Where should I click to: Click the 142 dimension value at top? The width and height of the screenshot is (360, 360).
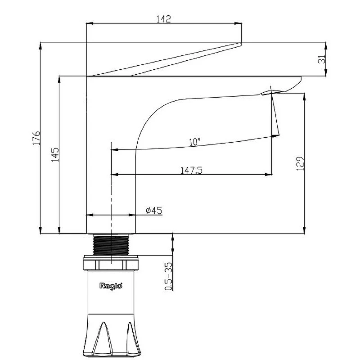(x=164, y=19)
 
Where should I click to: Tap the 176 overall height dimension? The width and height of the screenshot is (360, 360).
(x=36, y=138)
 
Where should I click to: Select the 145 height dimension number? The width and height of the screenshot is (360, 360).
(x=55, y=155)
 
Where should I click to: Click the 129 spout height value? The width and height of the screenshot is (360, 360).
(x=300, y=164)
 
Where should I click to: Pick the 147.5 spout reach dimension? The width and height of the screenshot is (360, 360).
(x=192, y=171)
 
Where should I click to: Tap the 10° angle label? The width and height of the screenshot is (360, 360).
(x=195, y=142)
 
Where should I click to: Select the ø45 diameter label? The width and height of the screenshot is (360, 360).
(x=154, y=210)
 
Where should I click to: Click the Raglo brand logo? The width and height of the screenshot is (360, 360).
(x=111, y=286)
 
